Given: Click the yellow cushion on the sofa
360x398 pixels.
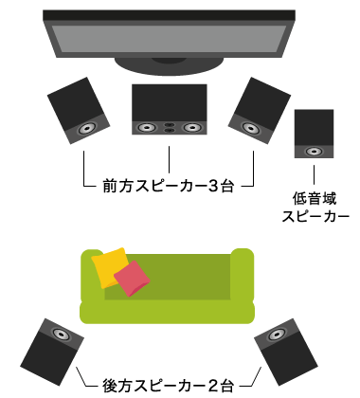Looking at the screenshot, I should coord(110,264).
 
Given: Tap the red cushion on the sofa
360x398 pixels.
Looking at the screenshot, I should coord(132,277).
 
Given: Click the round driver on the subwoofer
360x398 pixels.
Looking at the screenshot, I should coord(314,150).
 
